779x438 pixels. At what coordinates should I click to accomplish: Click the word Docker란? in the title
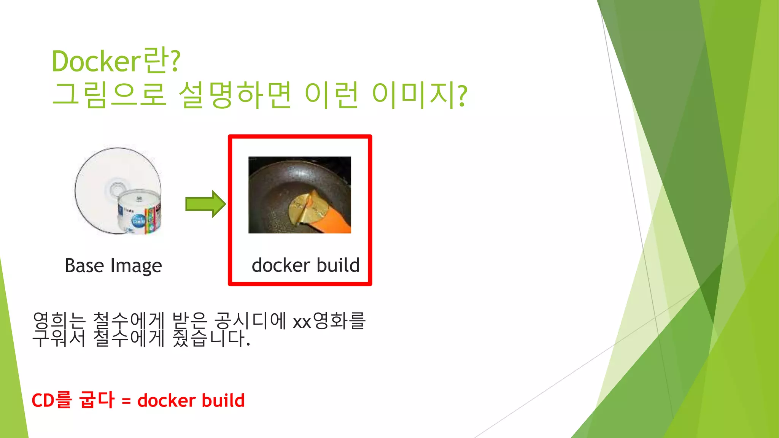click(116, 61)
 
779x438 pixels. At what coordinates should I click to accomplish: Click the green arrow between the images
click(205, 204)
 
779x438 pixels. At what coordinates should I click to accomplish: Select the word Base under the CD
click(84, 265)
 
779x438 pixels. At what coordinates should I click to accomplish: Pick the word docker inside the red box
click(281, 265)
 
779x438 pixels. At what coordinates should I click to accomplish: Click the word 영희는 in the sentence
click(59, 321)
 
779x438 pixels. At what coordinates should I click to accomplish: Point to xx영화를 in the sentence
click(329, 321)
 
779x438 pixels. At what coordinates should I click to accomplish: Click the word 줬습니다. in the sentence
click(211, 338)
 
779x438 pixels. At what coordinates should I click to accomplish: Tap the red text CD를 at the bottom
click(51, 400)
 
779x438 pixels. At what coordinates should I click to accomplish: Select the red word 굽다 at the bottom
click(96, 400)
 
